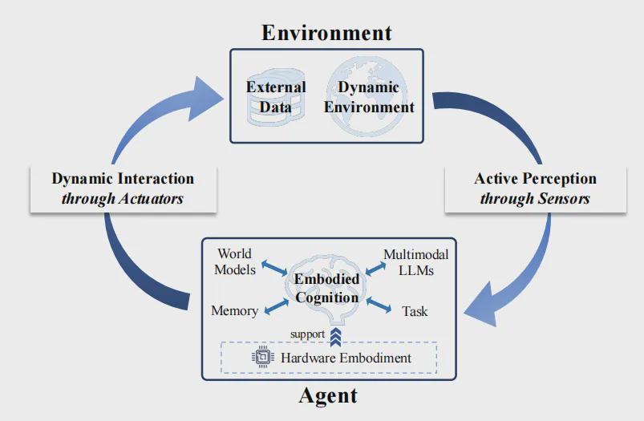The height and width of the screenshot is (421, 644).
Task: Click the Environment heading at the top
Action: coord(326,32)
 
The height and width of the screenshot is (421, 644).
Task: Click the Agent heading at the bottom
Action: coord(327,395)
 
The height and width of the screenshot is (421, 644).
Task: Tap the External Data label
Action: coord(276,96)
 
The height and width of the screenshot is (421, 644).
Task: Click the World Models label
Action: coord(235,262)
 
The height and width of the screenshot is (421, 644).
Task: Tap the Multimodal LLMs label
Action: coord(415,262)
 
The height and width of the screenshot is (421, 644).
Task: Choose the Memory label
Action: coord(234,310)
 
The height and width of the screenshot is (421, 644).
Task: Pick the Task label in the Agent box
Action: coord(415,310)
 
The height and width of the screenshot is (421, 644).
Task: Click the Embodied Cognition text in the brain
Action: coord(326,288)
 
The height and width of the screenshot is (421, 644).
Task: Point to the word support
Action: coord(308,334)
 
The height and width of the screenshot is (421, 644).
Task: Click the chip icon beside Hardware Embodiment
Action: coord(263,357)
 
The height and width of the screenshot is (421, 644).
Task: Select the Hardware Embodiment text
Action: coord(346,357)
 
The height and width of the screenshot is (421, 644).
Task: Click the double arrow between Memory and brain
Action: coord(275,306)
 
